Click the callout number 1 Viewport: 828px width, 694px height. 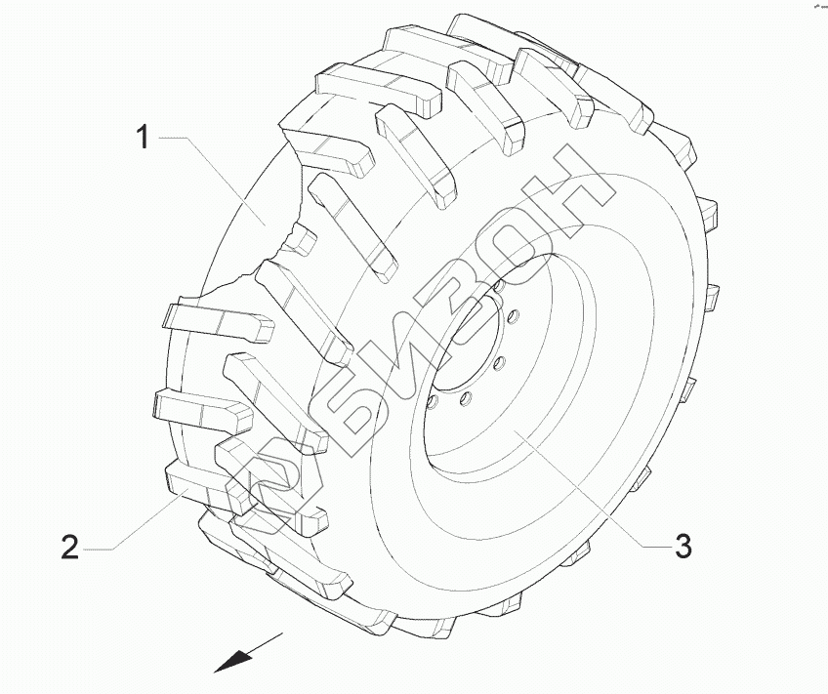click(x=142, y=138)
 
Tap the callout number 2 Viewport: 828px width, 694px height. click(x=69, y=547)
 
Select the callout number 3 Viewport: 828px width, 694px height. click(x=683, y=546)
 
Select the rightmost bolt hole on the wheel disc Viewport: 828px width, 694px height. click(x=513, y=316)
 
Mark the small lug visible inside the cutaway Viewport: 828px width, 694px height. click(x=302, y=240)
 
